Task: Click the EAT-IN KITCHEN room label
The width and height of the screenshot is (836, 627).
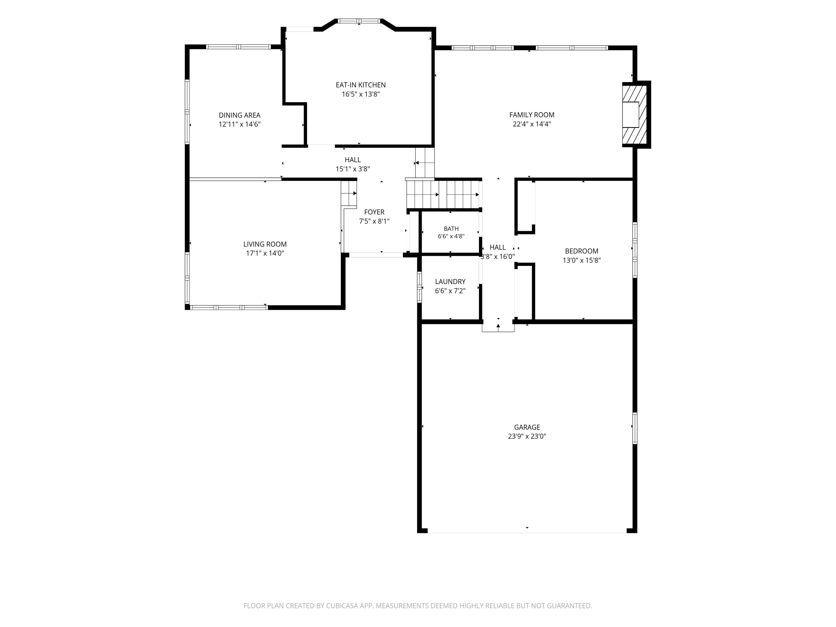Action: [x=361, y=85]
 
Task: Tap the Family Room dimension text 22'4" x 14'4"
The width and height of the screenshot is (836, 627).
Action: [x=531, y=124]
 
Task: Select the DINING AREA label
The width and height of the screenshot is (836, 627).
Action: [x=240, y=115]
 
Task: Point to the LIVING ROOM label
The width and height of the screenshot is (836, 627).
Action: [x=265, y=244]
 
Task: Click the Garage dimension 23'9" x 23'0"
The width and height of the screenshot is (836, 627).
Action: [x=527, y=436]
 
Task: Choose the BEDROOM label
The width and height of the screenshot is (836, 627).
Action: [x=581, y=251]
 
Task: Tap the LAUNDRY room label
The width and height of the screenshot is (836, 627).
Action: [x=450, y=281]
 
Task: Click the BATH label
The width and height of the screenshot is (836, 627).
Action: [x=451, y=229]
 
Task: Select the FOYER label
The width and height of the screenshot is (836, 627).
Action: [x=374, y=212]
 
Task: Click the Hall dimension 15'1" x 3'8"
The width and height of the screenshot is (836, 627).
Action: [x=353, y=169]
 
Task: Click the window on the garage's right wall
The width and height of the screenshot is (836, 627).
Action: [x=635, y=428]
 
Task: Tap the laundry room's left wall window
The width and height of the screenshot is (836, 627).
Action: [x=419, y=287]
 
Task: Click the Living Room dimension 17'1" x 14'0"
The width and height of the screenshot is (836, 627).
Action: [x=265, y=253]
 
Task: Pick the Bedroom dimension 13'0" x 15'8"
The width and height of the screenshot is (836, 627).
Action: [x=581, y=260]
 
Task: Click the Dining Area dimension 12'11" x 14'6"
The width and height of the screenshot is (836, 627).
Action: [x=240, y=124]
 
